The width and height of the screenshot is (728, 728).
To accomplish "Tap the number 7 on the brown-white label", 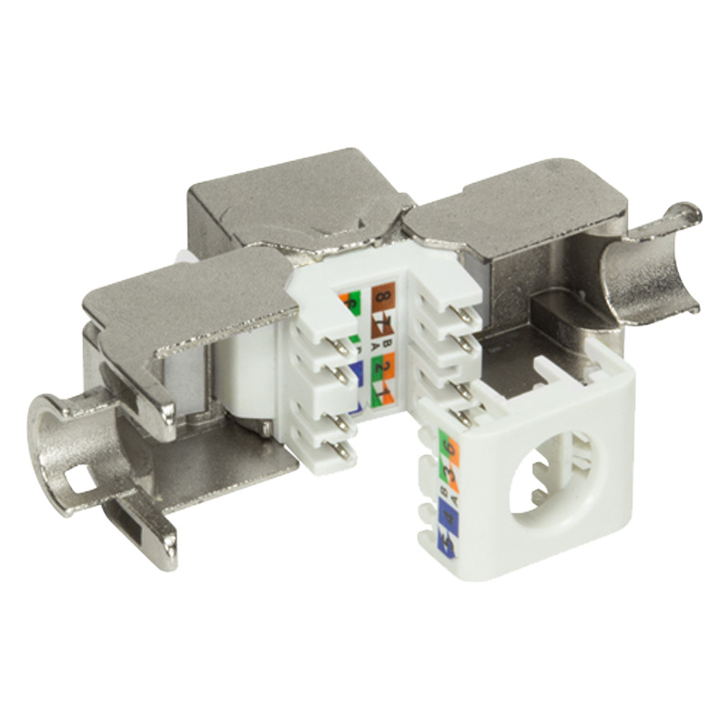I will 379,322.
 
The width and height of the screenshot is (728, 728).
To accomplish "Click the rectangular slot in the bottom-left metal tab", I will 123,525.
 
